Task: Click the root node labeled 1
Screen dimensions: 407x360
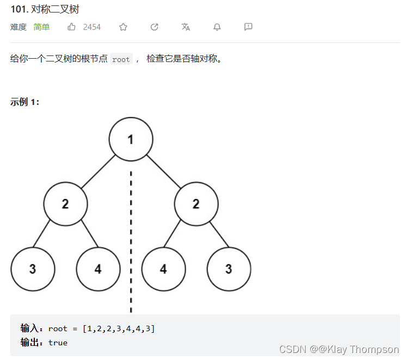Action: coord(131,139)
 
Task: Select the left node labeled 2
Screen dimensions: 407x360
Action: coord(65,204)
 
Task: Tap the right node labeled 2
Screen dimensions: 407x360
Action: coord(196,204)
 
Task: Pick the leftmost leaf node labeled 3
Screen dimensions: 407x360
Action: coord(33,269)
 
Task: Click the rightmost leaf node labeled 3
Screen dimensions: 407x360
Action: coord(229,269)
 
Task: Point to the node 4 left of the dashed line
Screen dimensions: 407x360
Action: coord(98,269)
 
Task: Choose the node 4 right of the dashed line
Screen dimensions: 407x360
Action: coord(163,269)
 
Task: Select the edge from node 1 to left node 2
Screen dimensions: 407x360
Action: coord(98,171)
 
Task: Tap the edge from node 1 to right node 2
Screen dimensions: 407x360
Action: coord(163,171)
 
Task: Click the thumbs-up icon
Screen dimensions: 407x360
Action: coord(72,27)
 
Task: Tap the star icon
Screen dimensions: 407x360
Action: coord(124,27)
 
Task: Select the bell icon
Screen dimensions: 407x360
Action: coord(217,27)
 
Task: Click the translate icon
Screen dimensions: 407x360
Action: coord(186,27)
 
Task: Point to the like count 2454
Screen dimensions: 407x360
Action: coord(91,27)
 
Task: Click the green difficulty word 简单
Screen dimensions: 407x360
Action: coord(41,27)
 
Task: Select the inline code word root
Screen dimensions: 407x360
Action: coord(121,59)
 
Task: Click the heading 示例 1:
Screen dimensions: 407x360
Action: coord(24,102)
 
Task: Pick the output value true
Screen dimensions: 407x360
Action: coord(58,343)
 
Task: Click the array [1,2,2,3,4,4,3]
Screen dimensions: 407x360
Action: coord(119,328)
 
